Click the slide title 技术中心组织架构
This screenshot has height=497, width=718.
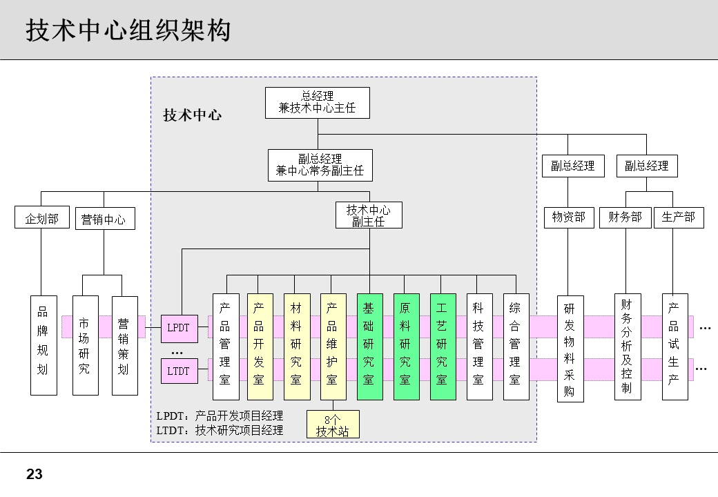128,30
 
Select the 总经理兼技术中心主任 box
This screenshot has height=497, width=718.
317,102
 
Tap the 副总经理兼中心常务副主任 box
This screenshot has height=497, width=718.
320,165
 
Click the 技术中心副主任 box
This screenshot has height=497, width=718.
369,215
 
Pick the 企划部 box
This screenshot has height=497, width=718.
42,219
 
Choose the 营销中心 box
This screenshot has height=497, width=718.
104,220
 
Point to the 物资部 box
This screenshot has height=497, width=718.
568,217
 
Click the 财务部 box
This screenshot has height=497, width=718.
625,217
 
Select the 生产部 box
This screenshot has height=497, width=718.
678,217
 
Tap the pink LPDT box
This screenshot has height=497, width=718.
178,328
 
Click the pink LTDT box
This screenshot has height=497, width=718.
178,371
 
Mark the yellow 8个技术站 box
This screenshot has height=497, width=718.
332,425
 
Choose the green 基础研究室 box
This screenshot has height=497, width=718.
369,347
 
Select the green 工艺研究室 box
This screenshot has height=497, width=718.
443,347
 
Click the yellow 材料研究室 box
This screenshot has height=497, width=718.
296,347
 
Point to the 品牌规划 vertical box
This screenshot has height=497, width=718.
43,345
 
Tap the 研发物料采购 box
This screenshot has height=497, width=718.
570,349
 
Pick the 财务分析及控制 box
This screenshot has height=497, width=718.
627,347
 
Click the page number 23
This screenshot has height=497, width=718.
35,475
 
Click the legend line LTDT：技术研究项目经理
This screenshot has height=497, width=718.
220,430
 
